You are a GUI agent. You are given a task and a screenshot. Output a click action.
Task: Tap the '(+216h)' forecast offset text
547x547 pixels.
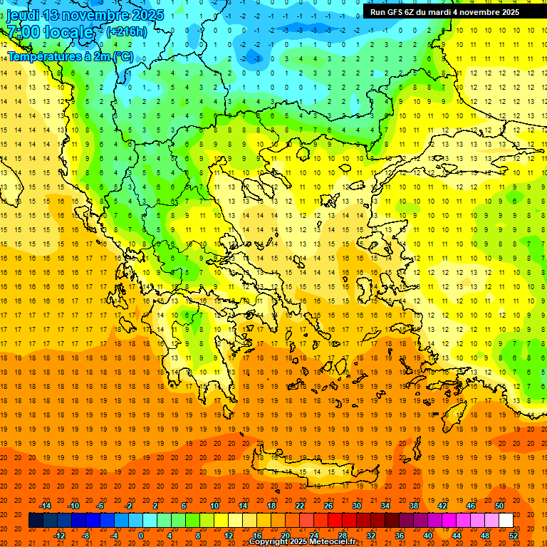pyautogui.click(x=126, y=31)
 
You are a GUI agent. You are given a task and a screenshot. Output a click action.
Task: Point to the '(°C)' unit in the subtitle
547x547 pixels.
pyautogui.click(x=120, y=56)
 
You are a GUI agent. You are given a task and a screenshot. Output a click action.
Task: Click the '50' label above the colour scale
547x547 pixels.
pyautogui.click(x=499, y=506)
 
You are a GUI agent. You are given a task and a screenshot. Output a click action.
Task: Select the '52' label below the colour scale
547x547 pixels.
pyautogui.click(x=514, y=536)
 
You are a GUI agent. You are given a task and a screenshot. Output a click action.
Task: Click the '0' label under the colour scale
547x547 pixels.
pyautogui.click(x=141, y=536)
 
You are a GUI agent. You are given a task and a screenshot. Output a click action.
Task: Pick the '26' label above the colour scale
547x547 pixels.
pyautogui.click(x=328, y=506)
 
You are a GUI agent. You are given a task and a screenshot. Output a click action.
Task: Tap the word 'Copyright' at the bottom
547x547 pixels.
pyautogui.click(x=269, y=542)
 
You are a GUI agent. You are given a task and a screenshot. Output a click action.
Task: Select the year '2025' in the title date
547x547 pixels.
pyautogui.click(x=143, y=15)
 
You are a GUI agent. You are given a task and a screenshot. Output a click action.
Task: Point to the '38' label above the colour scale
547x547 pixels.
pyautogui.click(x=413, y=506)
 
